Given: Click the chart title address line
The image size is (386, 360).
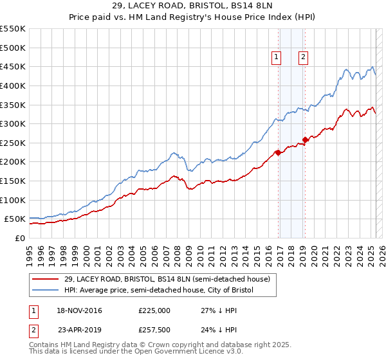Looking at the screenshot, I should (192, 6).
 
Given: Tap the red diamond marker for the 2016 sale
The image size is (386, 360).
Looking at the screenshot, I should (278, 152).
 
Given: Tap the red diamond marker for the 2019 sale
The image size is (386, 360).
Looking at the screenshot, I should (305, 139).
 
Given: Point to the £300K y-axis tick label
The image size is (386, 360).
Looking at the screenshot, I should (12, 123).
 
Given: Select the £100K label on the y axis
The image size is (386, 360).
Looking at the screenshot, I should (12, 200).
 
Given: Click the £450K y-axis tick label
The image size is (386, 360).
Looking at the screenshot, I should (12, 66).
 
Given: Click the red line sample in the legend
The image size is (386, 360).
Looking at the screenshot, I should (46, 279).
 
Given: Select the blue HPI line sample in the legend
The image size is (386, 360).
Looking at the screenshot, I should (46, 291).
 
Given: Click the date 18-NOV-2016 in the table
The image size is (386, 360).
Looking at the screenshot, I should (80, 310).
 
